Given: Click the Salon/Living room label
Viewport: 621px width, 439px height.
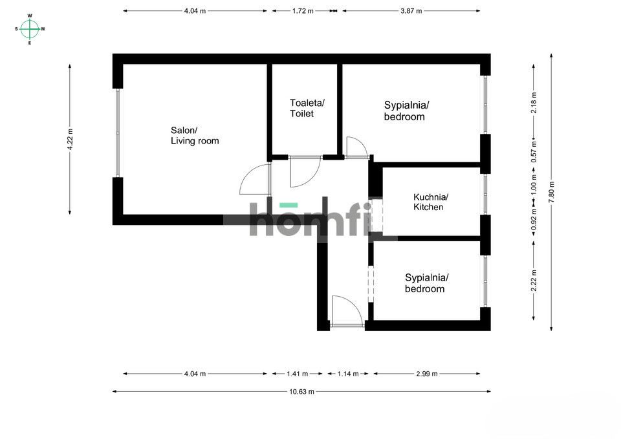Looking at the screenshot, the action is coord(195,136).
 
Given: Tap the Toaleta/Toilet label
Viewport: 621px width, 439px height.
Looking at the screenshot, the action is coord(307,108).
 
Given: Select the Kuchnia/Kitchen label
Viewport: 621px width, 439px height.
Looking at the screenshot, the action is coord(431,202).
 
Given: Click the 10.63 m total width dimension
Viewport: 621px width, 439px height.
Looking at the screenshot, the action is coord(301,392).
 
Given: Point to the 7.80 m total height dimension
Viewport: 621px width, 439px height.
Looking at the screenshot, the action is coord(551,193).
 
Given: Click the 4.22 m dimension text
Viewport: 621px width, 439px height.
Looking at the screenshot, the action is coord(70,140).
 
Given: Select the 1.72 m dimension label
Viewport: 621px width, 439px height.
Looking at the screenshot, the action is coord(303,11).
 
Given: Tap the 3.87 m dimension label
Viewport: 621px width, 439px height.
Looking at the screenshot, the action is coord(411,11).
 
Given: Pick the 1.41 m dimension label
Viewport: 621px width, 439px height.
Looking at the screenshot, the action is coord(298,374).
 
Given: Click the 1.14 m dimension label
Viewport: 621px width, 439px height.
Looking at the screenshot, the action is coord(348,374).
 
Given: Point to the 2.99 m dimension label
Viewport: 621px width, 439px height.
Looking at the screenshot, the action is coord(426,374).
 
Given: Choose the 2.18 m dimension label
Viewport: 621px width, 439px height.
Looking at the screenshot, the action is coord(534,103).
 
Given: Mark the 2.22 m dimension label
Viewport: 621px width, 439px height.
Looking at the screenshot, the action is coord(534,281).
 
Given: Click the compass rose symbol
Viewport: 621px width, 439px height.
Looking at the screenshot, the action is coord(30,29).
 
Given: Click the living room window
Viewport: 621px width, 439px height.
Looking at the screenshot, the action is coord(118,133).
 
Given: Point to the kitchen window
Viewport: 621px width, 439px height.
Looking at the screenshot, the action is coord(486,194).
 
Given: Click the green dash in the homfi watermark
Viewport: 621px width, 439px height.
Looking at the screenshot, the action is coord(289,205).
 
